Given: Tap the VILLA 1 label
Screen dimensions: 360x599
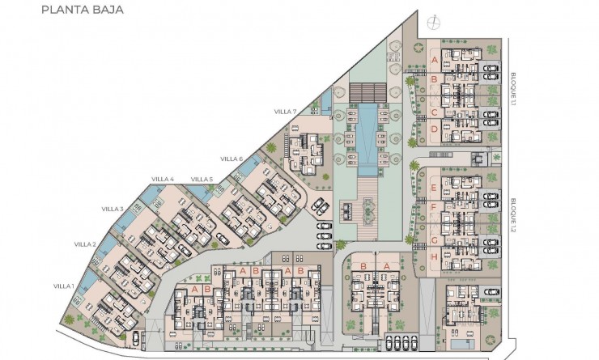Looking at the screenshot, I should click(64, 286).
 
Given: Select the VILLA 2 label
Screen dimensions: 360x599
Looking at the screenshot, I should click(85, 244).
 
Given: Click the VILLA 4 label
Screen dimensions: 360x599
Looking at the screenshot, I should click(163, 179).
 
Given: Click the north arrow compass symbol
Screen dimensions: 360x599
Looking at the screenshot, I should click(437, 21).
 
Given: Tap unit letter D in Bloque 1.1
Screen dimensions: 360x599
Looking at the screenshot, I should click(434, 129).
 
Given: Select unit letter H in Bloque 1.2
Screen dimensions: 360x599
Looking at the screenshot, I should click(434, 257).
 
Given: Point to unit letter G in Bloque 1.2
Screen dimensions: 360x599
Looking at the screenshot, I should click(434, 239).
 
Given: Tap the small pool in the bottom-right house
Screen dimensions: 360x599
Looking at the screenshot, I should click(459, 344).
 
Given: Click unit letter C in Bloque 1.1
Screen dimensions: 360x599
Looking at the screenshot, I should click(434, 112).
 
